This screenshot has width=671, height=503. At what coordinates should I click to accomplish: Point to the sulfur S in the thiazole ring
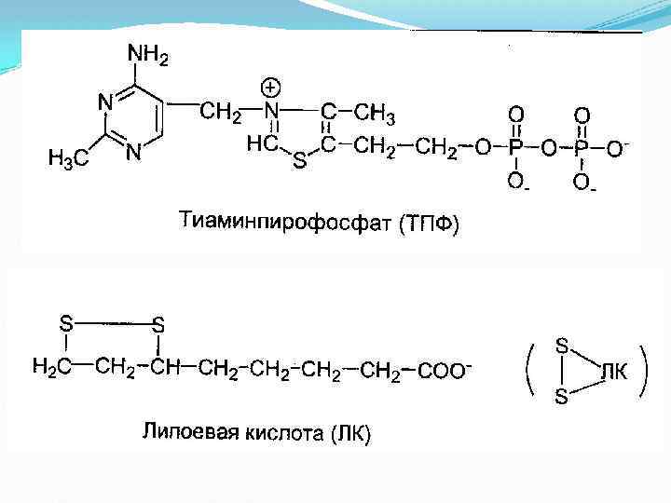[298, 162]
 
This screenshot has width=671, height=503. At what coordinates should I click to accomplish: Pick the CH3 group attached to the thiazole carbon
[376, 115]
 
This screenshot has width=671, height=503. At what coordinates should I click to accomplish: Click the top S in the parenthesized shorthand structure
[562, 345]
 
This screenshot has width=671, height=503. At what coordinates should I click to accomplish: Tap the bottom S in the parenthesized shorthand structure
[562, 398]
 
